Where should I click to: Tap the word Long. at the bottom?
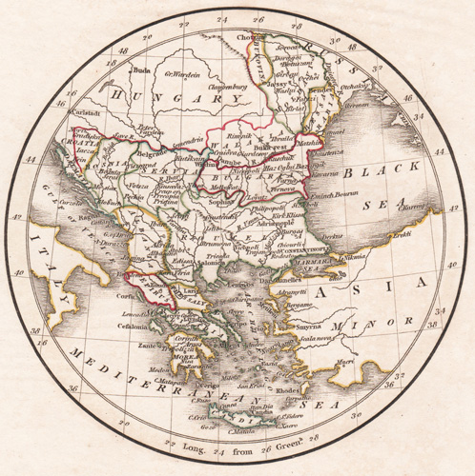182,446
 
